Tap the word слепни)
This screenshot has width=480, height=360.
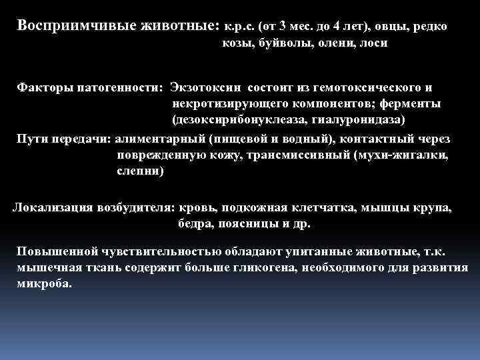(x=139, y=171)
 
